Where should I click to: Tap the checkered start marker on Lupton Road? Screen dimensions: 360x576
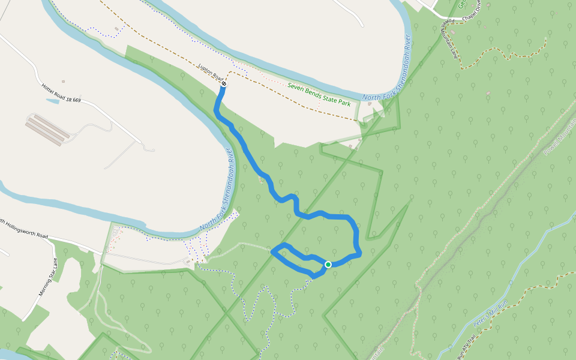click(224, 84)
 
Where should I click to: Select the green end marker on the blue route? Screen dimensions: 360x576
click(328, 265)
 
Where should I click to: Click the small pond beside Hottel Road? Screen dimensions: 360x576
click(52, 101)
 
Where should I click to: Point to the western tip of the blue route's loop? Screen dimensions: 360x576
click(272, 251)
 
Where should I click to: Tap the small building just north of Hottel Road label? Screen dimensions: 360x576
click(63, 81)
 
